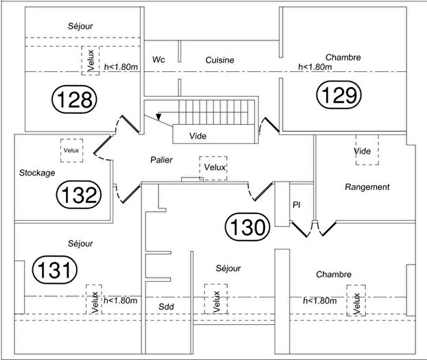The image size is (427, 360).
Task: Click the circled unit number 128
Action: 74,99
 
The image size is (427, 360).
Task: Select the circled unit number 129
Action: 338,95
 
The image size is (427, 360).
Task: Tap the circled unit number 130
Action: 248,227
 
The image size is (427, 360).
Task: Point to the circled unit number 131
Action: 55,269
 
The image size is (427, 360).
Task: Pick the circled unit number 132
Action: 79,195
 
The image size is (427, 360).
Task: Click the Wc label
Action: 159,60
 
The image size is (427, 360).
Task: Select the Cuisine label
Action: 220,60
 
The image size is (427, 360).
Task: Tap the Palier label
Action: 161,160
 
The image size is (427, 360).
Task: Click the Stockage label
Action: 37,173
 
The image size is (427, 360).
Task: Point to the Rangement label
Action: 367,187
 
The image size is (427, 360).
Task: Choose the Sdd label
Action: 166,307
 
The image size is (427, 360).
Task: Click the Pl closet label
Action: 297,204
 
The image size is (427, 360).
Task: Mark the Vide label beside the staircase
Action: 198,136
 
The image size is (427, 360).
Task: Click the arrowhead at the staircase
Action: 159,117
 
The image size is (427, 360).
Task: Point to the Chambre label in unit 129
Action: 343,58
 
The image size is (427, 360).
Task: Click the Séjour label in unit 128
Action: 80,26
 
